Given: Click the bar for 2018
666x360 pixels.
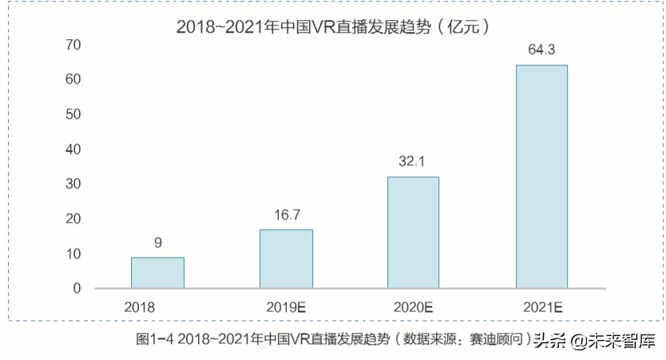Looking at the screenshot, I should coord(157,272).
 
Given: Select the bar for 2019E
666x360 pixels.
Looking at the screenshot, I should coord(286,259).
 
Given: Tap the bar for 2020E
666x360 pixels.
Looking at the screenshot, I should coord(413,232).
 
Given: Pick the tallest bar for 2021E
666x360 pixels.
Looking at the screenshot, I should coord(541,176).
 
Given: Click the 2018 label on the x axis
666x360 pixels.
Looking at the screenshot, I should coord(139,306).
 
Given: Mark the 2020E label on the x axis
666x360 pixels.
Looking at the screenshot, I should coord(413,306).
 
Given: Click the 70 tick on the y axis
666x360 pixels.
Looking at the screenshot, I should coord(73,45).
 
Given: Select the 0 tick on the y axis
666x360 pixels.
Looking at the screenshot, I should coord(77,288).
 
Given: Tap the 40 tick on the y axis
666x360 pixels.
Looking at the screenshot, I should coord(73,149).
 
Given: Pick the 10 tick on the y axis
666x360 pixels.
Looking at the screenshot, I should coord(73,254).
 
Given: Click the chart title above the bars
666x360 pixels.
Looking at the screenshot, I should coord(332,26).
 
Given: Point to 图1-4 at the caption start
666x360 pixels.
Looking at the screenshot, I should coord(155,339).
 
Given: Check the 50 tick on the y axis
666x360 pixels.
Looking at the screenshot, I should coord(73,114).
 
